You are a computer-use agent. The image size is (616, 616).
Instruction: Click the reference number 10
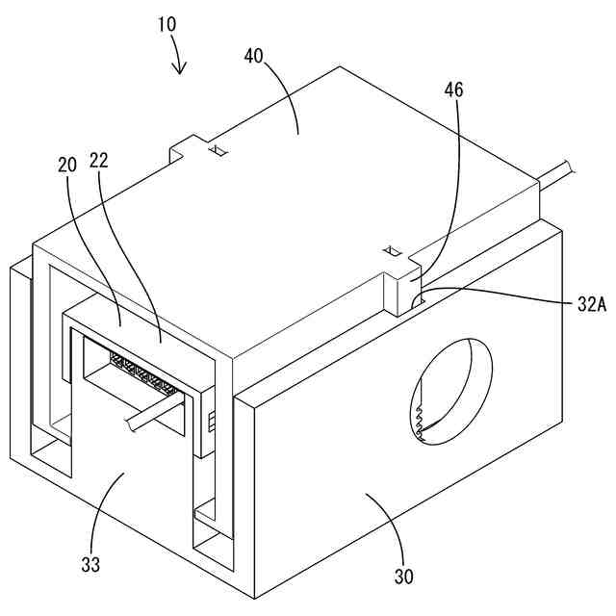(164, 21)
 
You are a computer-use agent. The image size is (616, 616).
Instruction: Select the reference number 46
(454, 90)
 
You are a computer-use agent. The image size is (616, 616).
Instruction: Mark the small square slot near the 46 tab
(391, 252)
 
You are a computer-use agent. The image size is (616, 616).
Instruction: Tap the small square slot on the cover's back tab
(218, 150)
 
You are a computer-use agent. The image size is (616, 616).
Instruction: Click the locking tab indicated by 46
(402, 289)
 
